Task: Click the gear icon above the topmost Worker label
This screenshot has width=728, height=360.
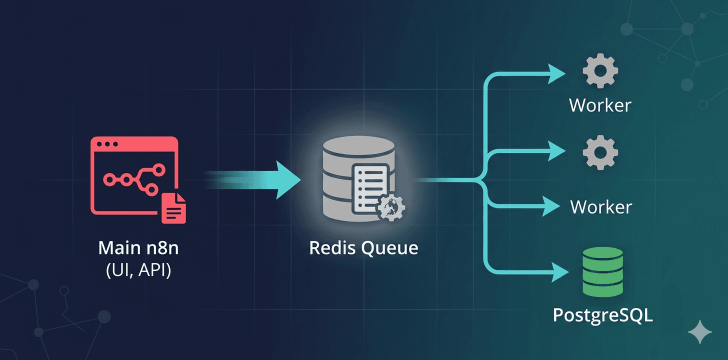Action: click(600, 71)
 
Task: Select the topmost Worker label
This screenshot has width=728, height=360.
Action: click(600, 105)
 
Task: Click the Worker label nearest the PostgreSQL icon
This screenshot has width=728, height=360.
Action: click(601, 206)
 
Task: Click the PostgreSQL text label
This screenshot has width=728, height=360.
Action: click(602, 316)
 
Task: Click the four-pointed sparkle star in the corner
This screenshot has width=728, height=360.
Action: click(699, 332)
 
